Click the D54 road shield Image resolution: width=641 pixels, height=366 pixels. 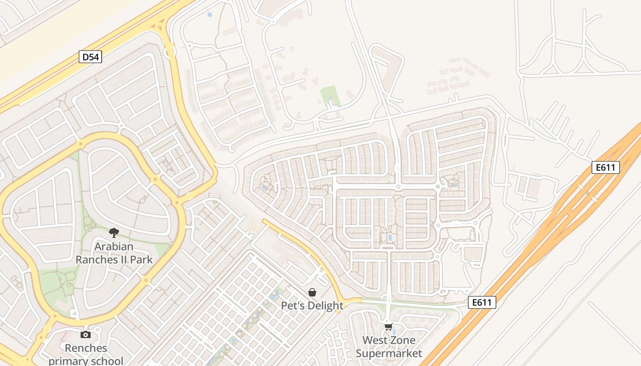click(90, 57)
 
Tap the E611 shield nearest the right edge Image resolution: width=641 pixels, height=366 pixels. click(606, 167)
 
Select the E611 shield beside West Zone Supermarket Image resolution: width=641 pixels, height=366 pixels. click(482, 302)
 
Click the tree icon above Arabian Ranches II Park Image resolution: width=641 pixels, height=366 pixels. click(114, 233)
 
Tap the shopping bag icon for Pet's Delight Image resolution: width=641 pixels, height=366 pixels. click(312, 292)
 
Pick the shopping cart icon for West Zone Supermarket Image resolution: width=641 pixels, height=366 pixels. click(389, 327)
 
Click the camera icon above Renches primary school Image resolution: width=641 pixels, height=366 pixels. click(86, 334)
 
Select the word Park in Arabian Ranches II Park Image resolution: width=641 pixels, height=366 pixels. click(141, 260)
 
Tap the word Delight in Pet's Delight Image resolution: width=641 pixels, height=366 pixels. click(325, 306)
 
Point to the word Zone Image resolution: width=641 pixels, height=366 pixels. click(402, 340)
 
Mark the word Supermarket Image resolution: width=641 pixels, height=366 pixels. click(389, 353)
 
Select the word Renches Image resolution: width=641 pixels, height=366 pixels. click(86, 348)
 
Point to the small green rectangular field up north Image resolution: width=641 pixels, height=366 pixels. click(330, 95)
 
